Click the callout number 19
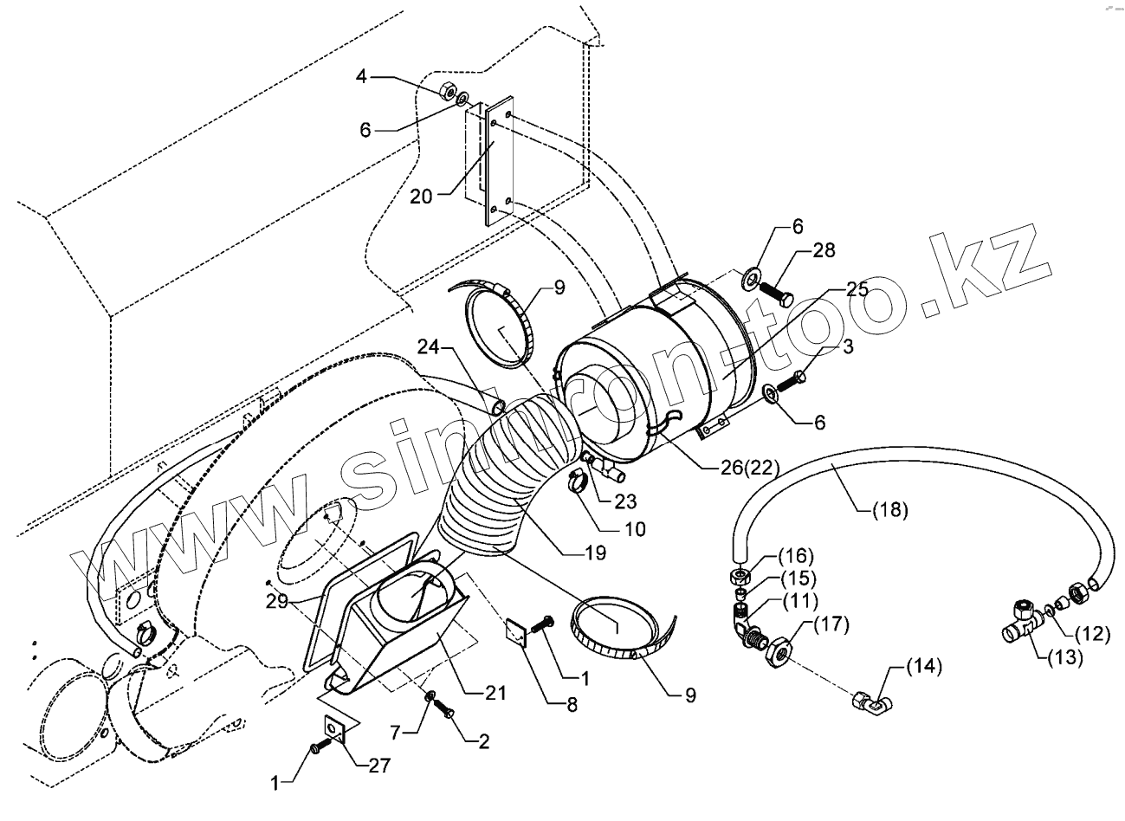[x=594, y=552]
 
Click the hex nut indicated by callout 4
[x=449, y=89]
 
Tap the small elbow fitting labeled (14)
[x=871, y=706]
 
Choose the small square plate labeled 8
[x=517, y=632]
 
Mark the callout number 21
[x=495, y=693]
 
